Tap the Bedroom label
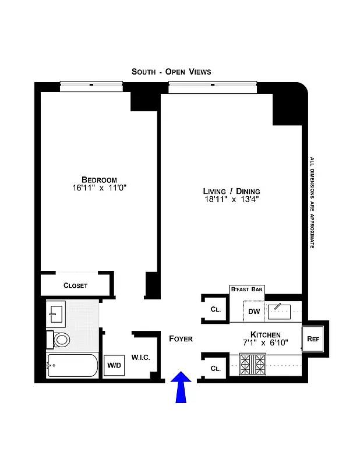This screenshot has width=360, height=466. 99,179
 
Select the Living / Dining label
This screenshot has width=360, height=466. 231,191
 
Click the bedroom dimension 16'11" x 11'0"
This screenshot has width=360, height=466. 99,188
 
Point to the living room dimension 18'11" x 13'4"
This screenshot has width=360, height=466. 231,200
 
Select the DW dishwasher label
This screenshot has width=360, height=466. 254,311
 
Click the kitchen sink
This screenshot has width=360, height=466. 278,312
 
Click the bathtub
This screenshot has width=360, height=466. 72,366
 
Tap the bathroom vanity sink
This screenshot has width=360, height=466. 57,315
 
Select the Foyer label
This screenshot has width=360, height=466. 181,338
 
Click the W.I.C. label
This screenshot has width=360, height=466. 140,357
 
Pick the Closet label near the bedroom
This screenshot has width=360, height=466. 75,285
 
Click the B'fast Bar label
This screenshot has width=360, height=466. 247,289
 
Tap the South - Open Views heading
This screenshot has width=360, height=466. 171,72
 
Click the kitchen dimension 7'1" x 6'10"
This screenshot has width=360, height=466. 266,343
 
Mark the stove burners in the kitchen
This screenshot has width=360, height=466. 252,365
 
